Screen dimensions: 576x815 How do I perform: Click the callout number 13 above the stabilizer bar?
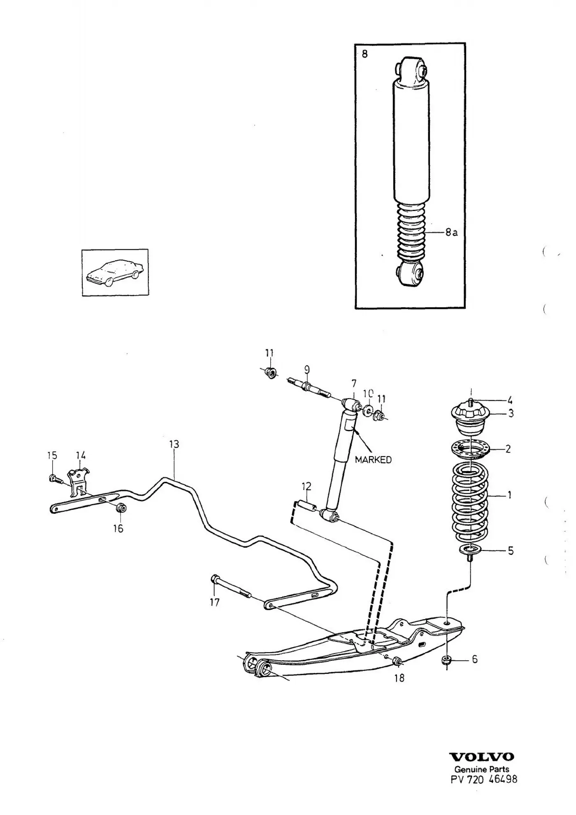coord(174,444)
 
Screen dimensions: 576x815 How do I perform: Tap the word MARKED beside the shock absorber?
coord(373,460)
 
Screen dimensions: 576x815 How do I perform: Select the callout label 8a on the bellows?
coord(451,232)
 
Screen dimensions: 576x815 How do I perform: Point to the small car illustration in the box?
coord(115,272)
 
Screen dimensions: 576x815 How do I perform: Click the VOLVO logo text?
coord(482,757)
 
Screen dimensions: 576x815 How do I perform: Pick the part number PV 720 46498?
coord(484,779)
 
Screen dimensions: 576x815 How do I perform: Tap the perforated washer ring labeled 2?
coord(469,449)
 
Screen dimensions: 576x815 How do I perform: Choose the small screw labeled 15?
coord(55,478)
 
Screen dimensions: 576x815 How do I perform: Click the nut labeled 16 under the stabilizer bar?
coord(121,507)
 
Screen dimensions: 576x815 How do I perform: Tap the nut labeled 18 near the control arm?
coord(397,661)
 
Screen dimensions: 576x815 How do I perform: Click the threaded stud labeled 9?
coord(308,388)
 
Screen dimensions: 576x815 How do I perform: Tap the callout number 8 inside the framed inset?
coord(365,54)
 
